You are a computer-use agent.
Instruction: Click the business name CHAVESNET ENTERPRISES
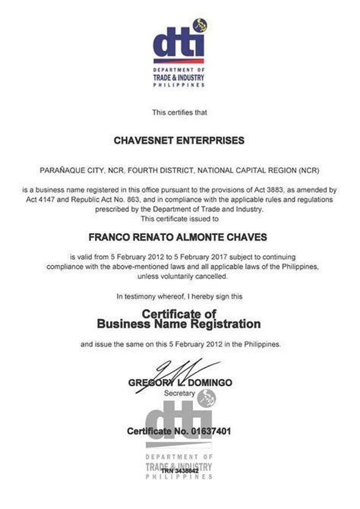point(179,141)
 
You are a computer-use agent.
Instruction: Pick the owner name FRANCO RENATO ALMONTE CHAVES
point(179,236)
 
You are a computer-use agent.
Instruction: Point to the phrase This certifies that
point(179,112)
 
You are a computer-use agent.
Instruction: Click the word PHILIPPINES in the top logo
point(179,85)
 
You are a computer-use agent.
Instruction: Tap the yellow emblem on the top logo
point(199,25)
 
